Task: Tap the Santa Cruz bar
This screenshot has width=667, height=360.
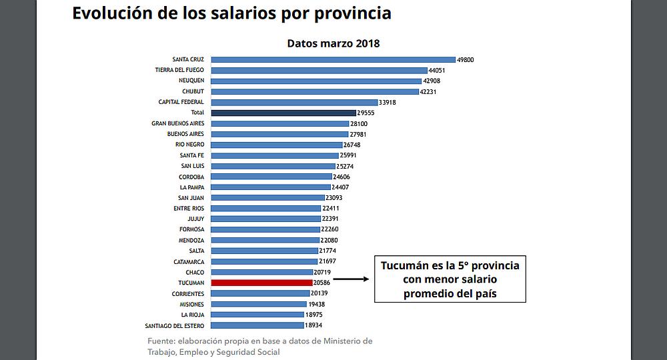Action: pyautogui.click(x=332, y=59)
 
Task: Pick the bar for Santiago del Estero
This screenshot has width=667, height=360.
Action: pyautogui.click(x=257, y=325)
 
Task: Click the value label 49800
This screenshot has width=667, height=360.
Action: pyautogui.click(x=465, y=59)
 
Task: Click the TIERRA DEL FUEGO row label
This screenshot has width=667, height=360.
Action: pyautogui.click(x=179, y=70)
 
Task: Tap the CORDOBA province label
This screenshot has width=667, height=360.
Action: pyautogui.click(x=191, y=177)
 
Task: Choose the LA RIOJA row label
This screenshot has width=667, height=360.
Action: pyautogui.click(x=193, y=315)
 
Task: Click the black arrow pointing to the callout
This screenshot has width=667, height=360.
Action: pyautogui.click(x=351, y=279)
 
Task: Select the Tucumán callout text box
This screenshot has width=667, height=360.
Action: pyautogui.click(x=450, y=279)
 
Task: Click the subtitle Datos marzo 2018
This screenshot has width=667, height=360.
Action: pyautogui.click(x=333, y=43)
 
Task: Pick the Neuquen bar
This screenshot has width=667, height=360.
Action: pyautogui.click(x=315, y=81)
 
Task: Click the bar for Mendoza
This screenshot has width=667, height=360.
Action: pyautogui.click(x=265, y=240)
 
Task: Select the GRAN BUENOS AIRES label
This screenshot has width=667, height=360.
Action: pyautogui.click(x=177, y=123)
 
